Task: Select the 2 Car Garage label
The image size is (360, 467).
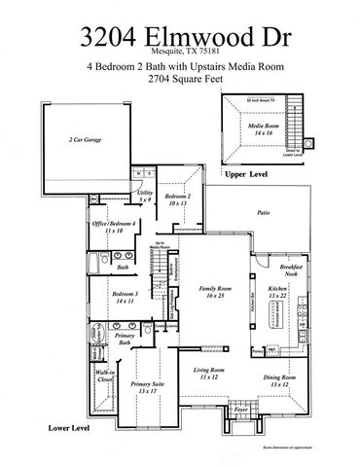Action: (x=87, y=140)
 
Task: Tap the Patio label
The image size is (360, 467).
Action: (x=262, y=210)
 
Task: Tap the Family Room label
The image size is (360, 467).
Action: (x=206, y=292)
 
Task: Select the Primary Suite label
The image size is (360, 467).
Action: (x=149, y=387)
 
